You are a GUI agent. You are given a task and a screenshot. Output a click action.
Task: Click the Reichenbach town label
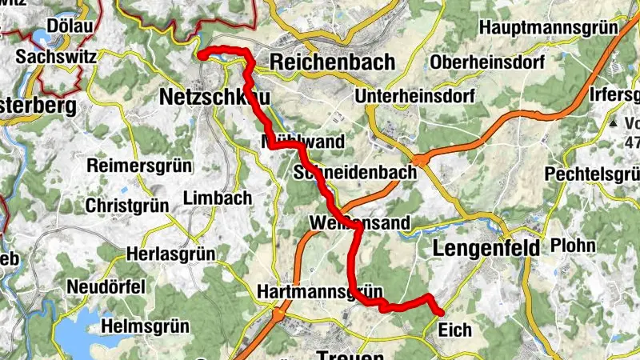coord(332,62)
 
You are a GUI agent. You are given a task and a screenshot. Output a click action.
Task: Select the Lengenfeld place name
coord(486,248)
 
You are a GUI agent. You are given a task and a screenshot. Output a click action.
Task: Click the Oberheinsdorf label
coord(487,62)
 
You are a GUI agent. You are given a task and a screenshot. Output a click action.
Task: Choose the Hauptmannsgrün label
coord(548,26)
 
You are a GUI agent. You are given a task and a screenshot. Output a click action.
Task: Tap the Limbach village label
coord(218,198)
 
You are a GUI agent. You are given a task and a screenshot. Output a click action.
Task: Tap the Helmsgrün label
coord(145,326)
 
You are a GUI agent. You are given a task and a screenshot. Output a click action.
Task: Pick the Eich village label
coord(455,329)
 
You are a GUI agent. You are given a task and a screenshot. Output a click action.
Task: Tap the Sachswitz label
coord(56,58)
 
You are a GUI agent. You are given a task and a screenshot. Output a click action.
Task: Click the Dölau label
coord(70,26)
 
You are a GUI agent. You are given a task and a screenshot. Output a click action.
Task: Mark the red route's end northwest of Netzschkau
coord(201,54)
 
